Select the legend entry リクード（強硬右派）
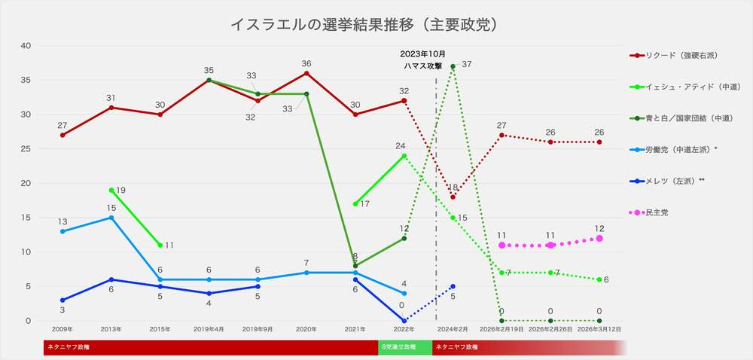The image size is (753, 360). click(674, 56)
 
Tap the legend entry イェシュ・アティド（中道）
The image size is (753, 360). click(678, 87)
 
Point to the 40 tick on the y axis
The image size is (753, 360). click(26, 46)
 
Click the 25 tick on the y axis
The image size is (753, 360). click(26, 149)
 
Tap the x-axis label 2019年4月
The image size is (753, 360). click(209, 330)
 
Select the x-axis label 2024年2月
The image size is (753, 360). click(453, 330)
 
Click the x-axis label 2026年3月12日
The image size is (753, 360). click(599, 330)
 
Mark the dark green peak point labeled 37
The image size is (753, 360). click(453, 66)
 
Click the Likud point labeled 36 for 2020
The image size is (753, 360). click(306, 73)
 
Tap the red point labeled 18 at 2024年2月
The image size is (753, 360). click(453, 197)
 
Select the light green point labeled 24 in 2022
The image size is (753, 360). click(404, 156)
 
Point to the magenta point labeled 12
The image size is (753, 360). click(599, 238)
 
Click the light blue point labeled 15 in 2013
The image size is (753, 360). click(111, 218)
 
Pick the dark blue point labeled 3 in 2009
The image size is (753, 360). click(62, 301)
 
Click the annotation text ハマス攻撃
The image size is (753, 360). click(422, 66)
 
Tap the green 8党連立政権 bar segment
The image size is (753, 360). click(405, 347)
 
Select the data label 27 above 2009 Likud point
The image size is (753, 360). click(62, 125)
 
